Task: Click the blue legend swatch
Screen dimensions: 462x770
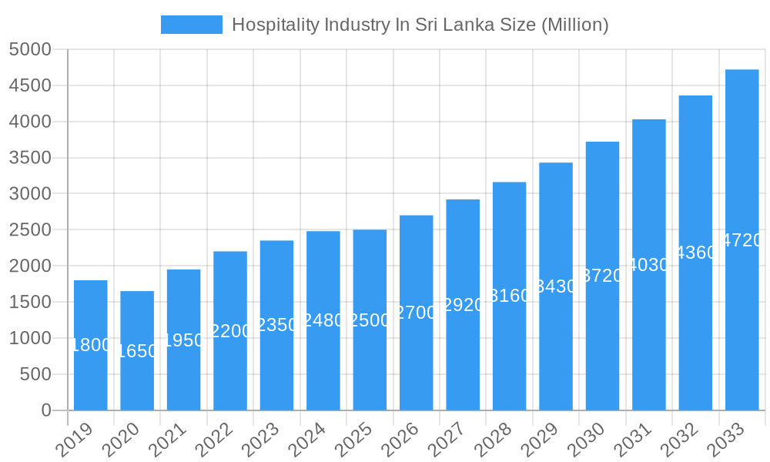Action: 191,25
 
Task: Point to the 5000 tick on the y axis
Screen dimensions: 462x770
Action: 30,50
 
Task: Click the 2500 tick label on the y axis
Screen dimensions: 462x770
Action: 30,230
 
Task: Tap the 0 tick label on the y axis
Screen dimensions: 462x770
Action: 45,410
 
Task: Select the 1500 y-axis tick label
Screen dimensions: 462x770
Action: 30,303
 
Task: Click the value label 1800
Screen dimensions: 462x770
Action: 91,345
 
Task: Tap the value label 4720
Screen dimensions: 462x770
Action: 742,240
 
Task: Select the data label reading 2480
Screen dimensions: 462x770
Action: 323,320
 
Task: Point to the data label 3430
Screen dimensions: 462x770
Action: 556,286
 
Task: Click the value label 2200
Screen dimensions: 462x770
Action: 230,331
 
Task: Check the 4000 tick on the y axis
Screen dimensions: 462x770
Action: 30,122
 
